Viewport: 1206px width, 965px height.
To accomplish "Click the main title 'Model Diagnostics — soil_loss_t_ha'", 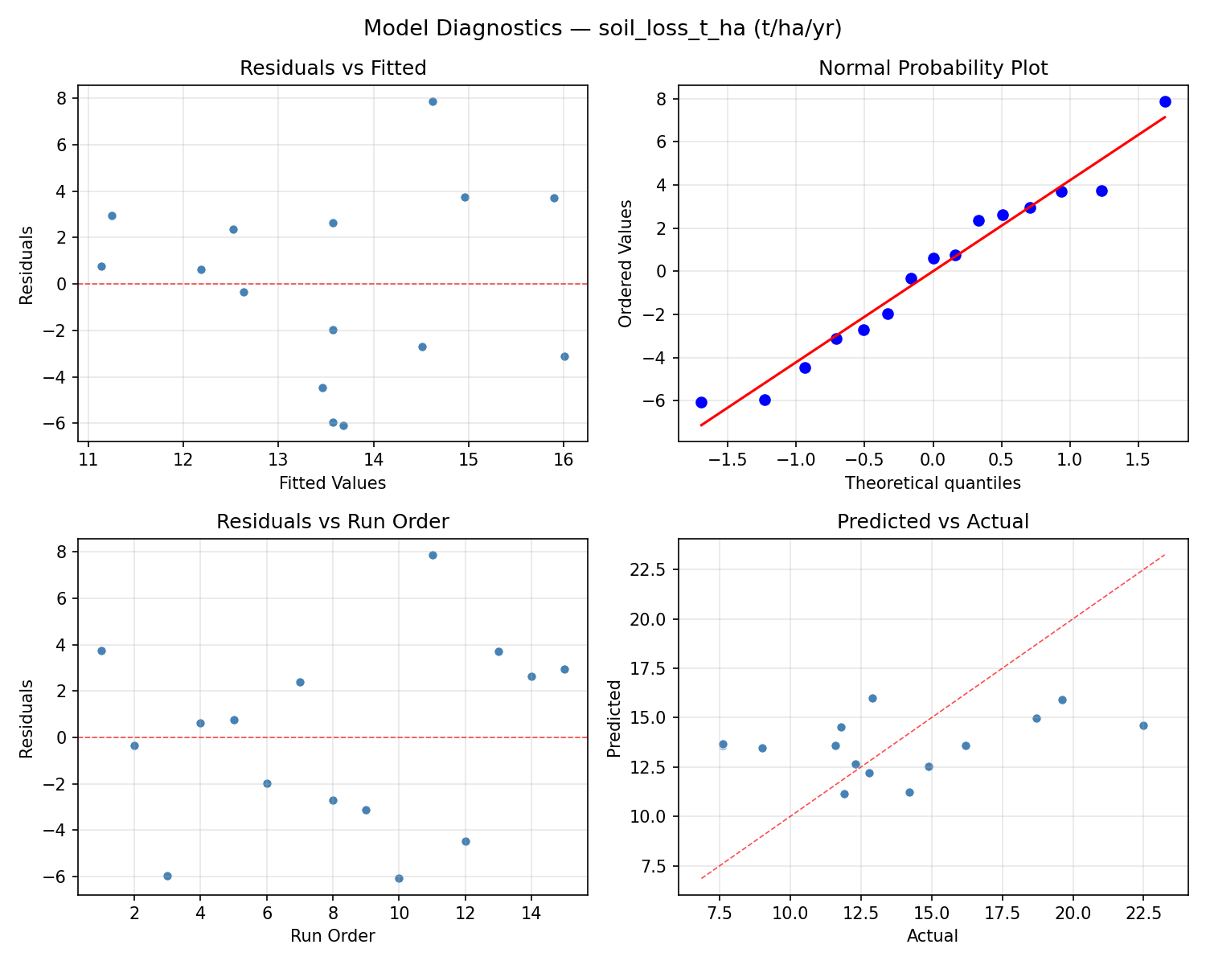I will (602, 28).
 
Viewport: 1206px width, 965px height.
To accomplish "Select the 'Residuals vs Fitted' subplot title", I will (333, 68).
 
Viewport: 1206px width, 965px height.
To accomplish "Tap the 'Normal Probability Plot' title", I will (933, 68).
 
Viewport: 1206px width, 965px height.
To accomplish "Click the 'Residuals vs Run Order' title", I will (333, 522).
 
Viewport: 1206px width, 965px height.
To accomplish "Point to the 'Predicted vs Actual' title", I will (933, 522).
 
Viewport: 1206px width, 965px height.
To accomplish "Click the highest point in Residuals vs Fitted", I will (433, 101).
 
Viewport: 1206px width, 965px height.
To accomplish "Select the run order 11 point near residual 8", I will (433, 555).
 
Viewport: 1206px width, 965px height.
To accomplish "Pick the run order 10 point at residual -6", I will (399, 878).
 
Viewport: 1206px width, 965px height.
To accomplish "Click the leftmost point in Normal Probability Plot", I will (701, 402).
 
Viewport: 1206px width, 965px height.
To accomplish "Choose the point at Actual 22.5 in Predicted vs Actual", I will (1143, 725).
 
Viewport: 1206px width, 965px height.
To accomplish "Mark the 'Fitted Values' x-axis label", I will (333, 483).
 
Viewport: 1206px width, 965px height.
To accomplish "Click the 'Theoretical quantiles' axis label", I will (933, 483).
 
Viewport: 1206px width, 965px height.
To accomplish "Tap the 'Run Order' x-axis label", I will (333, 936).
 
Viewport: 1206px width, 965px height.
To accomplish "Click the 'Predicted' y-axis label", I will (614, 718).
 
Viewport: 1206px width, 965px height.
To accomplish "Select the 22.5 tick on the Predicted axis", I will (653, 569).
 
